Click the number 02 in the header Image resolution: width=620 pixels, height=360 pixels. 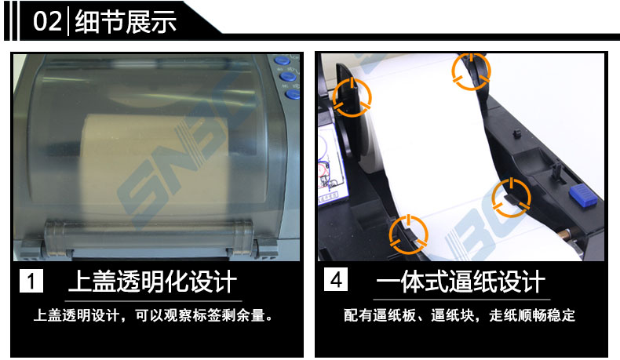47,21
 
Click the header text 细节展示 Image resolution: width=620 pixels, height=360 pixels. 126,21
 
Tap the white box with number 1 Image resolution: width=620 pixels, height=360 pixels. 31,281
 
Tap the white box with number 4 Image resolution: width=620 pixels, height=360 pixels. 336,279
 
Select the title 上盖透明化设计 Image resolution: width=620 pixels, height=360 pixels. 152,282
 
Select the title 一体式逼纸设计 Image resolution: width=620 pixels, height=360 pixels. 461,282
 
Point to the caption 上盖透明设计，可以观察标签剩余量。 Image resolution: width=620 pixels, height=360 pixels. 153,315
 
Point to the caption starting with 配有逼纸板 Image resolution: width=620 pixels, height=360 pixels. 459,315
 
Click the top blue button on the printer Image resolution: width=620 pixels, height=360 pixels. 283,60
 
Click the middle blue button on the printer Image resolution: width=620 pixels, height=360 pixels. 288,76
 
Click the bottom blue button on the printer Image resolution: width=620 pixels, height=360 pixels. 293,94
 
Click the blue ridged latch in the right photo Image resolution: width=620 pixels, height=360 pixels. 583,195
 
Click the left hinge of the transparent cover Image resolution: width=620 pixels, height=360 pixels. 56,239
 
